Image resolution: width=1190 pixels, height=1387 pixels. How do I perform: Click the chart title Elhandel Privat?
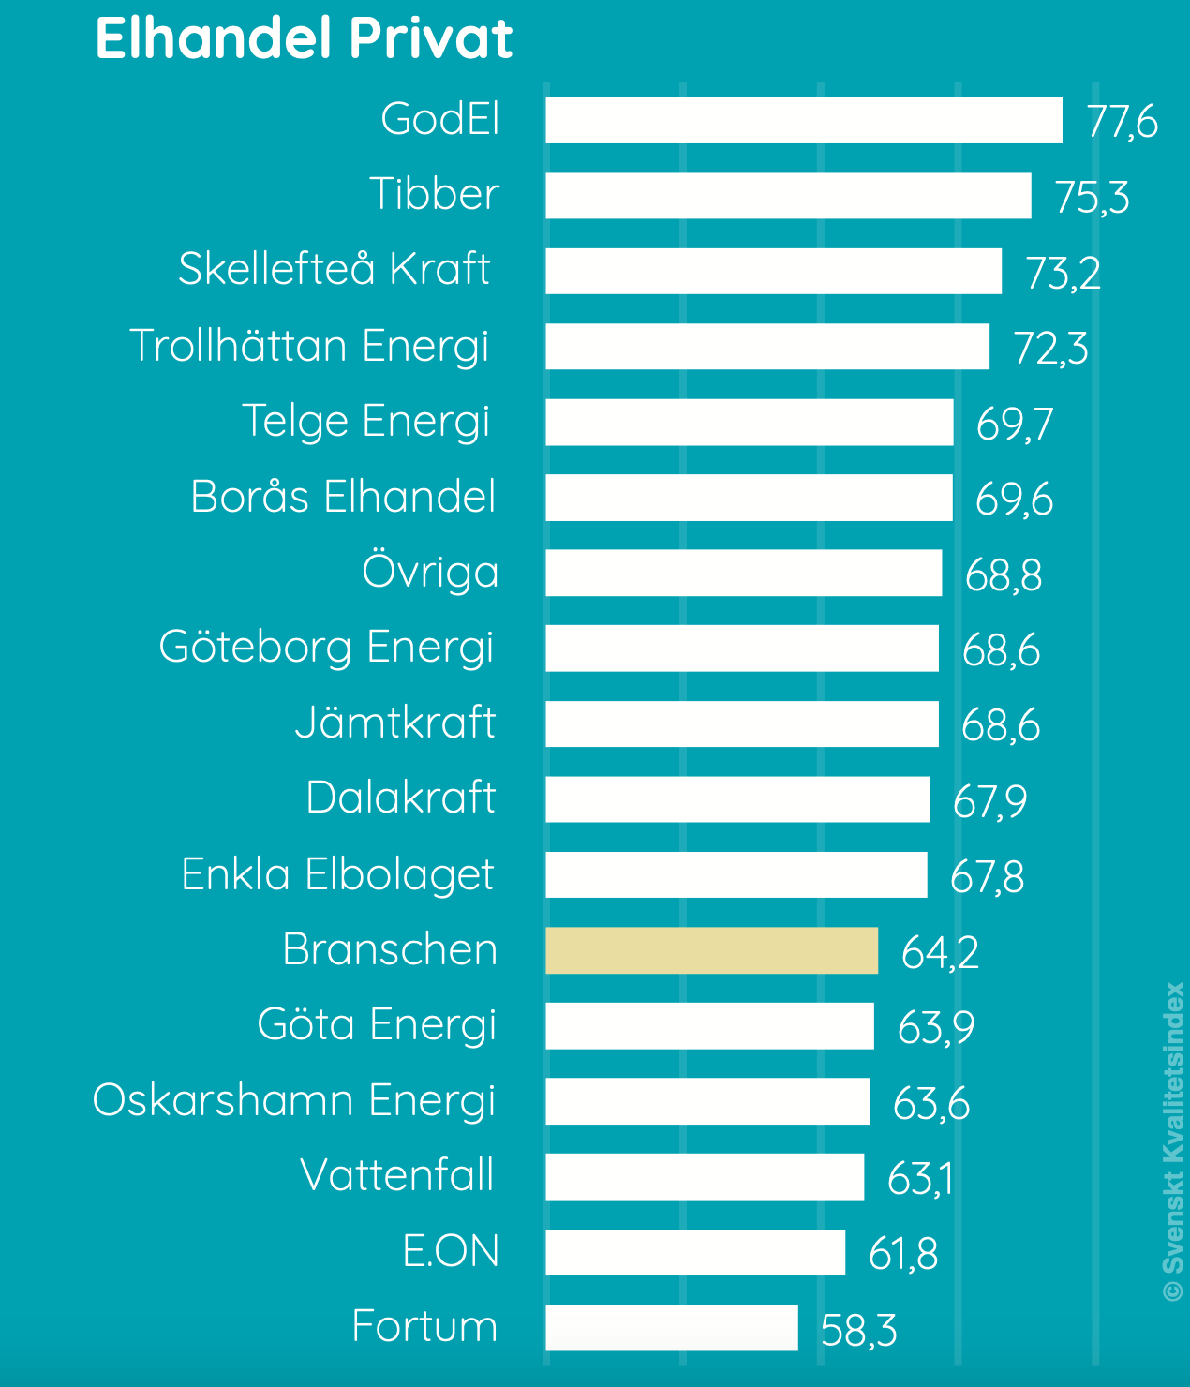[304, 39]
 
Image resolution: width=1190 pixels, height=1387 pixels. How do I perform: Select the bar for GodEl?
[804, 120]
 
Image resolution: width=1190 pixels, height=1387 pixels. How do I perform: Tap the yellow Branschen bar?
[712, 950]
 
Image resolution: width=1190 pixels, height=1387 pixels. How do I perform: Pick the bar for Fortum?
[672, 1328]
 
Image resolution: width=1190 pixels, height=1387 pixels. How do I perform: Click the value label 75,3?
[1092, 197]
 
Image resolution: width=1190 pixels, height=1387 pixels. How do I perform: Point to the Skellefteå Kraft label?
[335, 269]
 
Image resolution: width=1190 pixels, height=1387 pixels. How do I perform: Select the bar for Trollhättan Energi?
[767, 347]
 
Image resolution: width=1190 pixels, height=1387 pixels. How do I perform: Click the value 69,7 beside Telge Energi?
[1014, 423]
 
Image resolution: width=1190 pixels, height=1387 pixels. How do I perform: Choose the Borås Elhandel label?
[343, 497]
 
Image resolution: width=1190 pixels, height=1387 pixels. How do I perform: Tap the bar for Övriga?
[744, 573]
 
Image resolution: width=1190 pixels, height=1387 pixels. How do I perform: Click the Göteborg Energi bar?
[742, 649]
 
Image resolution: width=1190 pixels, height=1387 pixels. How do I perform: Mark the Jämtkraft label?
[395, 723]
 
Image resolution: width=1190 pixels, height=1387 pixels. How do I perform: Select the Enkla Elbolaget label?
[337, 874]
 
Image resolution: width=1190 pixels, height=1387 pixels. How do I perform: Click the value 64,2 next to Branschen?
[940, 952]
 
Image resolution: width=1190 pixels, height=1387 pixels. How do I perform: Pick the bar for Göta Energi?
[710, 1026]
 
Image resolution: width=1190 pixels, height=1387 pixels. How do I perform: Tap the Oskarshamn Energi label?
[294, 1100]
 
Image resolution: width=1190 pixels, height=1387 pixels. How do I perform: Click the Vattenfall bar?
[705, 1177]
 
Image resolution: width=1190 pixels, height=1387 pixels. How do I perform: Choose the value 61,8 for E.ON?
[902, 1254]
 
